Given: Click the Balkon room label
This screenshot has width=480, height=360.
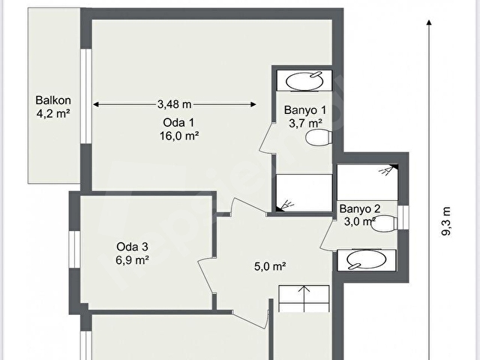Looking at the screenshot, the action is [53, 100].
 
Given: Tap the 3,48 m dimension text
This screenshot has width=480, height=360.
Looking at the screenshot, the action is [175, 104].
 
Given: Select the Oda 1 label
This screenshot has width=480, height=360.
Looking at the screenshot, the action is [178, 122].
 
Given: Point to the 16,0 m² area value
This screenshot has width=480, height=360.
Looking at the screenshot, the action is [179, 136].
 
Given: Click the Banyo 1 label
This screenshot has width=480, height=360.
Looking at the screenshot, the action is [305, 110].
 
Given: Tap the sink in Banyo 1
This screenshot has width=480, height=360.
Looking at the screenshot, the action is [304, 81].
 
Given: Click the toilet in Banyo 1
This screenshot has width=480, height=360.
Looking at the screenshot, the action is [319, 136].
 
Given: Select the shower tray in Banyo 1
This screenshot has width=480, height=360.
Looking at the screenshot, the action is [304, 193].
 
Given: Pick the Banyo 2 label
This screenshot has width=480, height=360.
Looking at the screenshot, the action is [360, 208].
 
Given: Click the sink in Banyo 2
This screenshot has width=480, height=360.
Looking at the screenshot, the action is [367, 260].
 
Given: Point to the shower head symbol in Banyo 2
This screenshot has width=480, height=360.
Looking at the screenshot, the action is [386, 171].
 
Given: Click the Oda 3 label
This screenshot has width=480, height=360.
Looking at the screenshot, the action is [132, 247].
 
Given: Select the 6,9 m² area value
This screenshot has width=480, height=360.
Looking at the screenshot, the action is [132, 260].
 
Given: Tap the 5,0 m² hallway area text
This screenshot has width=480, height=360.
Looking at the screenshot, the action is [270, 267].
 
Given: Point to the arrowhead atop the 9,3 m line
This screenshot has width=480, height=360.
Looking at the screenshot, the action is [429, 22].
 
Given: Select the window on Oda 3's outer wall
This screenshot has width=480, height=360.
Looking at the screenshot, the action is [74, 250].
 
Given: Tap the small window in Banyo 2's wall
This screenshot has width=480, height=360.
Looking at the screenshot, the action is [403, 217].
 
